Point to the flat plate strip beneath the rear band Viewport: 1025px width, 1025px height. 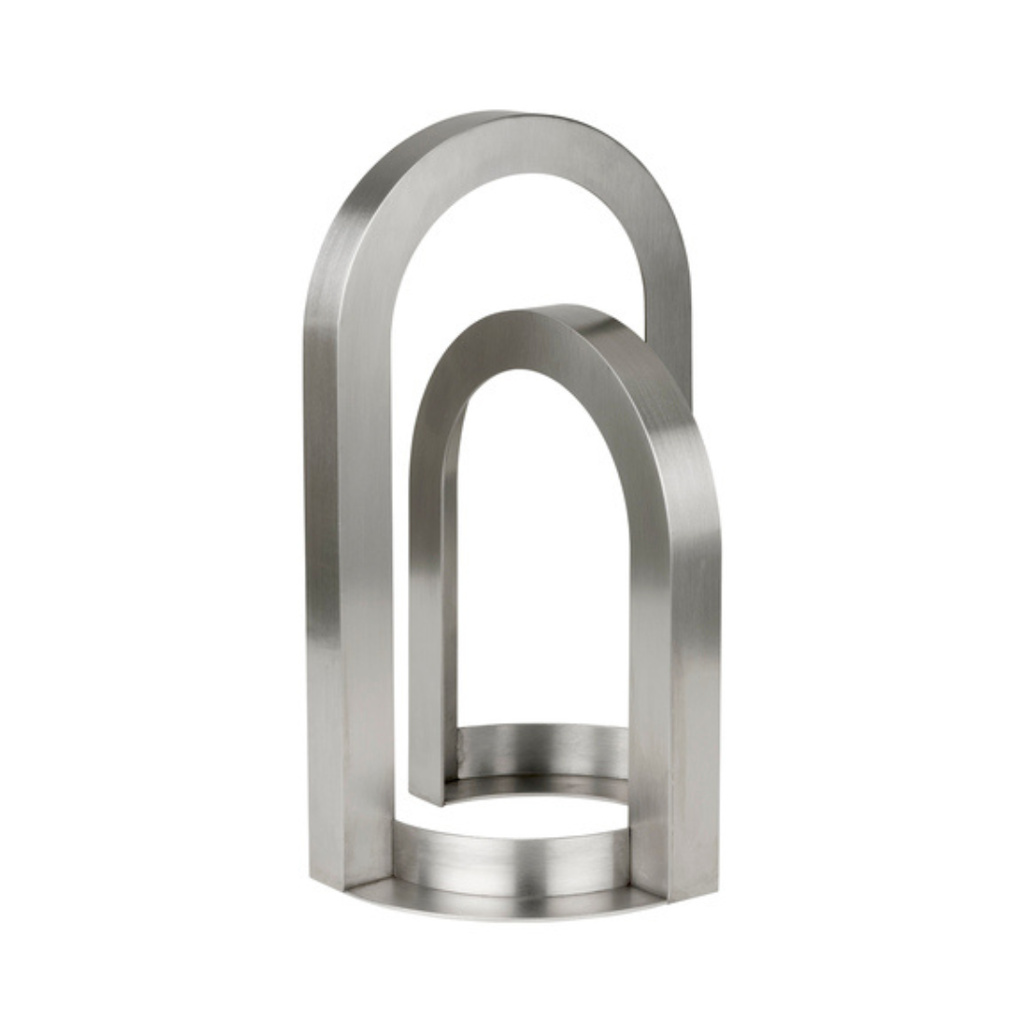pos(541,788)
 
